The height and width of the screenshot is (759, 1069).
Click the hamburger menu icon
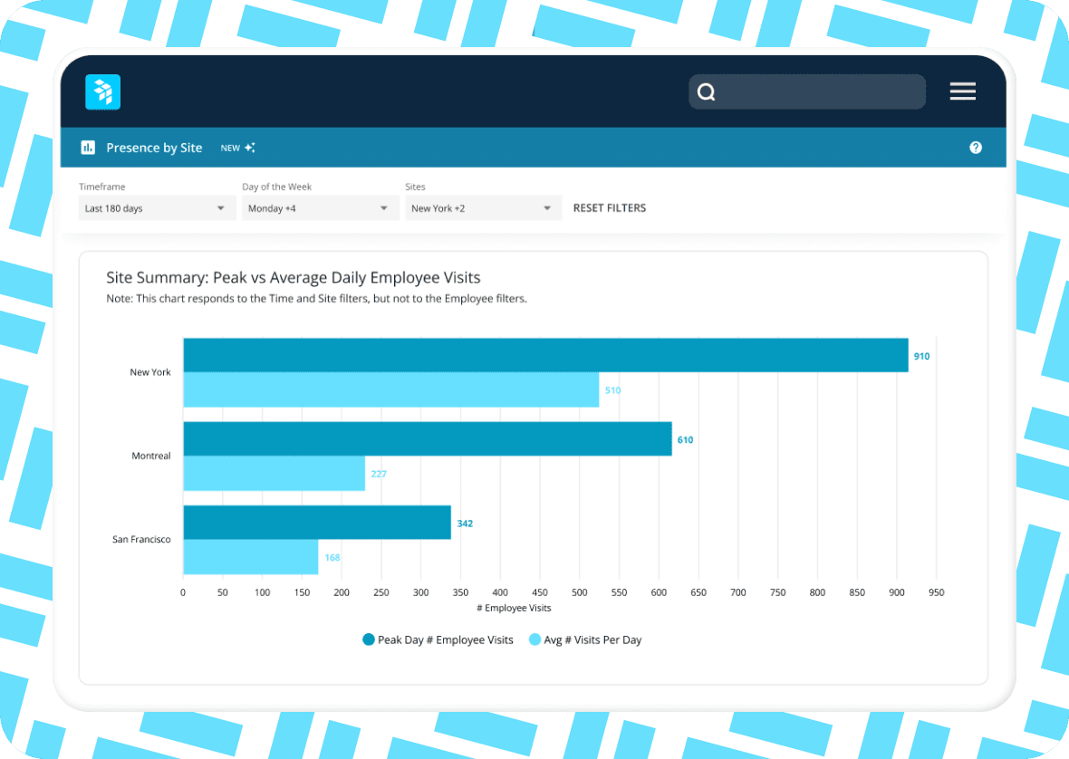[962, 91]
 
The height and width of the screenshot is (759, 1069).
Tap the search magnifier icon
[707, 92]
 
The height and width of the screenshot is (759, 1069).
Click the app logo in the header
[102, 92]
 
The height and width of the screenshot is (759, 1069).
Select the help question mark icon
[976, 148]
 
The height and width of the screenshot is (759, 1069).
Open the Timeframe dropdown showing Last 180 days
[157, 208]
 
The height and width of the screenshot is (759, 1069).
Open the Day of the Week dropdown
[320, 208]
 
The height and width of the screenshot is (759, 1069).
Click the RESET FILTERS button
[610, 208]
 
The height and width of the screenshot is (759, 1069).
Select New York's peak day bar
[545, 355]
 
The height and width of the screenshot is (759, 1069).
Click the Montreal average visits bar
[274, 474]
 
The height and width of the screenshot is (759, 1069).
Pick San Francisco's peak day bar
[317, 523]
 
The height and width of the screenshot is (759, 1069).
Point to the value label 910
[921, 356]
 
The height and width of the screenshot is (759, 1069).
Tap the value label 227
[379, 474]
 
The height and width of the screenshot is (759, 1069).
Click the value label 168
[332, 558]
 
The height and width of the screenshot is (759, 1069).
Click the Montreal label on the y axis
[150, 456]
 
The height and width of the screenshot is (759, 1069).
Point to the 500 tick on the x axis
[579, 592]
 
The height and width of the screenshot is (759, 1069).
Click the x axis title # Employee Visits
[514, 608]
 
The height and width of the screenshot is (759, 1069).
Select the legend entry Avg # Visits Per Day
[592, 640]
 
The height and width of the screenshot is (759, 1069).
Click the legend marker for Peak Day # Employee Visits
[369, 640]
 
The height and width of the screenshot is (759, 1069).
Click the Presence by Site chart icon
[88, 148]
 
